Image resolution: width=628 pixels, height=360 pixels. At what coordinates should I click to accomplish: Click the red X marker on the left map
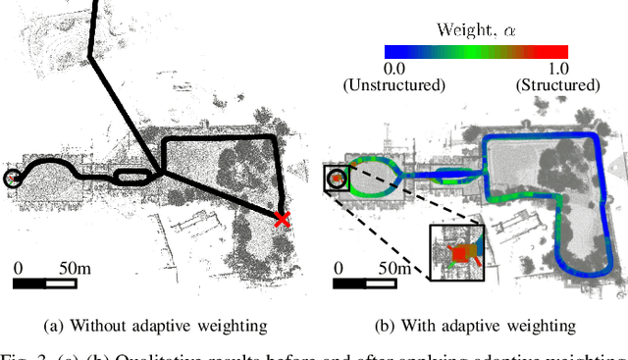coord(283,219)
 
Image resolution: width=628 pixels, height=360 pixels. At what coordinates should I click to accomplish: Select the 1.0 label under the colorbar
coord(557,68)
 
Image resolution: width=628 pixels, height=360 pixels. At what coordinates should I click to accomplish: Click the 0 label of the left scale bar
coord(19,267)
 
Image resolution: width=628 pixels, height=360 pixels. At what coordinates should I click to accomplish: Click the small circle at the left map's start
coord(12,178)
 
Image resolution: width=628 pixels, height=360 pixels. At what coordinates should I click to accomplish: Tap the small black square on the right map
coord(336,179)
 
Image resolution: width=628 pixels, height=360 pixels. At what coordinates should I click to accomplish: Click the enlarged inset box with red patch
coord(457,253)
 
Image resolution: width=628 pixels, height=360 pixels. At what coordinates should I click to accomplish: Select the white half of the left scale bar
coord(60,283)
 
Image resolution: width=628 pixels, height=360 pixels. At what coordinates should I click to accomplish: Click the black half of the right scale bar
coord(348,283)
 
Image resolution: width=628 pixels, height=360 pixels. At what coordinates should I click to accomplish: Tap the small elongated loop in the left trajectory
coord(133,177)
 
